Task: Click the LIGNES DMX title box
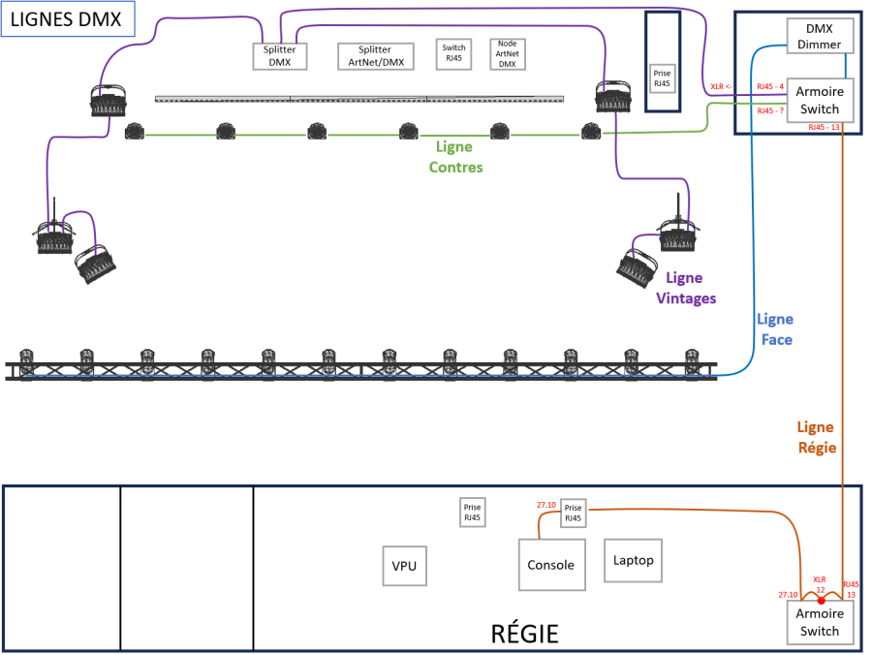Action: pyautogui.click(x=66, y=19)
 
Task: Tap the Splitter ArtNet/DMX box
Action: pyautogui.click(x=375, y=56)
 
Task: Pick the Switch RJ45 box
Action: pyautogui.click(x=453, y=53)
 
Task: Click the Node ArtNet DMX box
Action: pyautogui.click(x=507, y=54)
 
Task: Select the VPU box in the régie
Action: pyautogui.click(x=404, y=566)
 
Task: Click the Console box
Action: pyautogui.click(x=550, y=565)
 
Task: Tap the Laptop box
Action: pyautogui.click(x=634, y=560)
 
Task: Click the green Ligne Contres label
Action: pyautogui.click(x=455, y=157)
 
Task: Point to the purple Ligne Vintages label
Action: pyautogui.click(x=686, y=288)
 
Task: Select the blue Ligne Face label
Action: pyautogui.click(x=775, y=329)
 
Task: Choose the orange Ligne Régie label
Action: pyautogui.click(x=816, y=437)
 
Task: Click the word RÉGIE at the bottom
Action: pyautogui.click(x=525, y=635)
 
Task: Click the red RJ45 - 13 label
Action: pyautogui.click(x=824, y=127)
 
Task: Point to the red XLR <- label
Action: pyautogui.click(x=723, y=86)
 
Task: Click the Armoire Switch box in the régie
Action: pyautogui.click(x=820, y=622)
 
